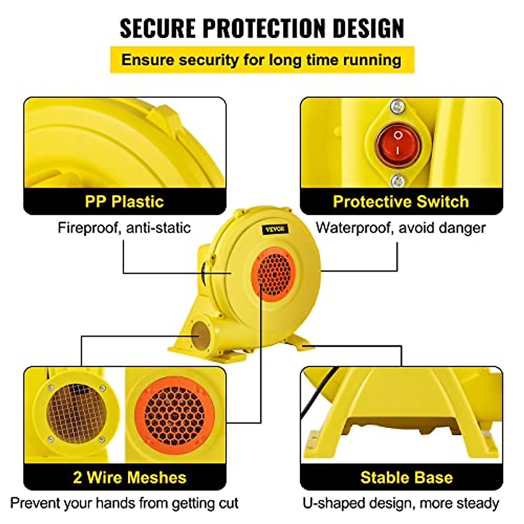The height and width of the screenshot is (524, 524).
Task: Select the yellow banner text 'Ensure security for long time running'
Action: pyautogui.click(x=261, y=60)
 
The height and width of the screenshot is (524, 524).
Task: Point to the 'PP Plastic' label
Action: pyautogui.click(x=124, y=201)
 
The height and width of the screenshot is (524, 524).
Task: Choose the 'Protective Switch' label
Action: pyautogui.click(x=401, y=201)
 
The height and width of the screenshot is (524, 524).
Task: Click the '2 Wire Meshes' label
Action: pyautogui.click(x=130, y=477)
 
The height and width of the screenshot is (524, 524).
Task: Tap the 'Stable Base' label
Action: pyautogui.click(x=406, y=477)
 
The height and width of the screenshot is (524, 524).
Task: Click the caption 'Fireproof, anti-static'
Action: pyautogui.click(x=124, y=228)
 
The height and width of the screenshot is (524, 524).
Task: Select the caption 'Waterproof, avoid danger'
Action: pyautogui.click(x=400, y=228)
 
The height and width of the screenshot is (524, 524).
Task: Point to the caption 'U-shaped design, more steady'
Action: pyautogui.click(x=400, y=503)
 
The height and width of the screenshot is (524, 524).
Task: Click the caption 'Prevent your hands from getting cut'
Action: pyautogui.click(x=124, y=503)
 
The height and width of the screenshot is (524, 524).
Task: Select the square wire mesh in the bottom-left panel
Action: pyautogui.click(x=76, y=413)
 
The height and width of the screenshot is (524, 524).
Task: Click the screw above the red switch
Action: pyautogui.click(x=397, y=106)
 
